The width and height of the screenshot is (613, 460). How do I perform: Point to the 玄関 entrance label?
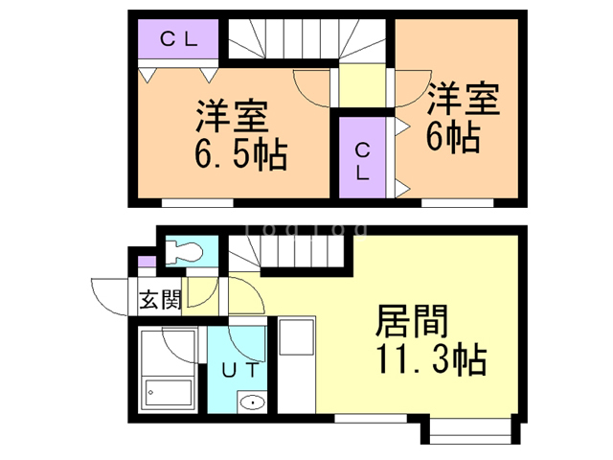(x=160, y=299)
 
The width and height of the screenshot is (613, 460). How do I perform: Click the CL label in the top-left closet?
(x=178, y=39)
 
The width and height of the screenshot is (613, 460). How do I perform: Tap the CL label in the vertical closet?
(x=364, y=161)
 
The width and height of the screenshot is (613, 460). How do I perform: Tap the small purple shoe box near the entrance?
(x=145, y=263)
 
